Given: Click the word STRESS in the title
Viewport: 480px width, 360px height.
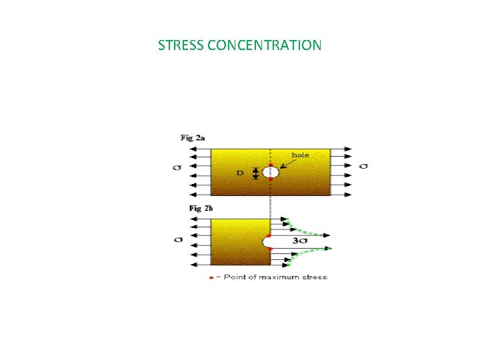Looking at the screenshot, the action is (181, 45).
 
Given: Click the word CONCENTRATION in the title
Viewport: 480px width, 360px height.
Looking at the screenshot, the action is (265, 45).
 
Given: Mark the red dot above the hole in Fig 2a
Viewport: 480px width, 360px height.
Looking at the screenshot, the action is (270, 164).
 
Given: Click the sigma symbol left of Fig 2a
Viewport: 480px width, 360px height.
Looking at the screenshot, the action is (178, 167).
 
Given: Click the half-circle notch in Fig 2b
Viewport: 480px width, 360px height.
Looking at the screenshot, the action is (267, 242).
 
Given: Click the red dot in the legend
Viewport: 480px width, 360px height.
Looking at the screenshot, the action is (211, 277).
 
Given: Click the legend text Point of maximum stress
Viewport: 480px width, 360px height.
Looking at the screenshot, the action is (275, 277).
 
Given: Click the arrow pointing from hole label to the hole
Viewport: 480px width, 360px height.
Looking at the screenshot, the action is (283, 165).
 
